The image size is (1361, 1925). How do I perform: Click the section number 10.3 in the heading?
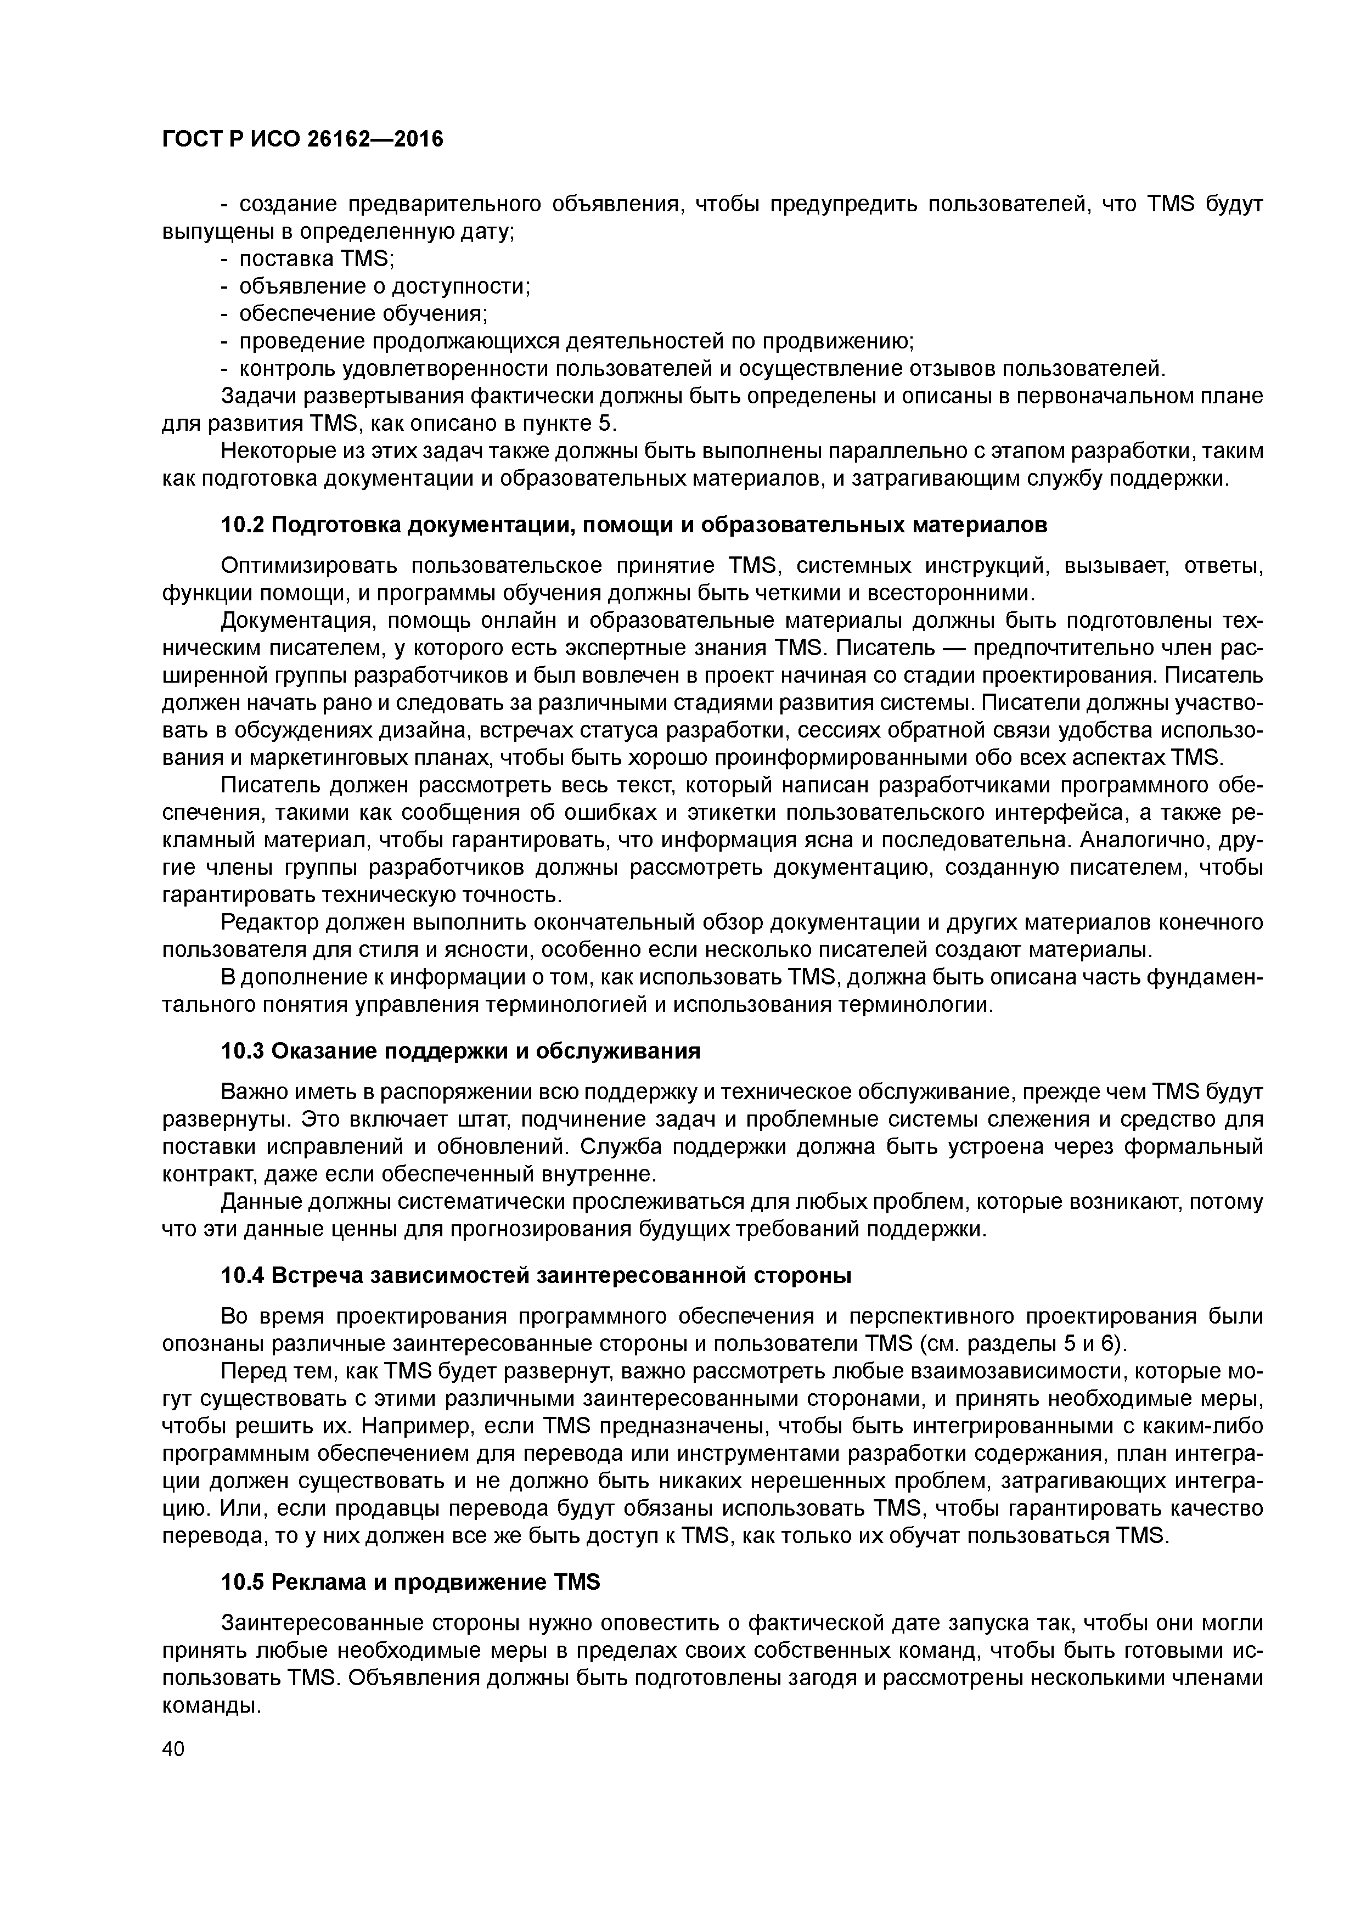tap(243, 1051)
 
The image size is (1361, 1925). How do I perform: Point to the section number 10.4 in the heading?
tap(243, 1276)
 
